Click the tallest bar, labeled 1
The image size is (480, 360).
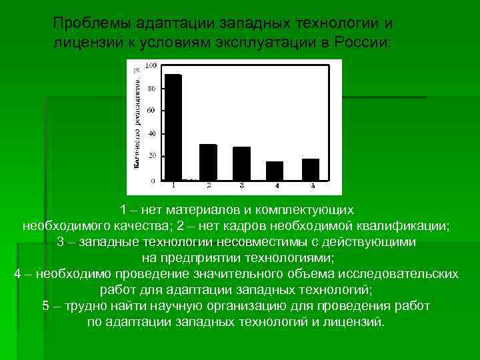click(x=173, y=127)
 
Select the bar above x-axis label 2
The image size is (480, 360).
click(x=208, y=162)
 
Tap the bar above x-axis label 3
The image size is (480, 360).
click(x=241, y=163)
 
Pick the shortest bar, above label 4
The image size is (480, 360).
click(x=275, y=171)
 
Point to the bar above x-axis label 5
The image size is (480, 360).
click(x=311, y=169)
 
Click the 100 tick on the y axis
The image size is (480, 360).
click(x=151, y=65)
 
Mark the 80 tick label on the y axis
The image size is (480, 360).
click(x=152, y=89)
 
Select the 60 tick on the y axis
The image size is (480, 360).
click(x=152, y=110)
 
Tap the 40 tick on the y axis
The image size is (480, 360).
click(x=152, y=133)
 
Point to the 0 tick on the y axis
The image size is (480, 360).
click(x=153, y=180)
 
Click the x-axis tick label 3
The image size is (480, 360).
click(x=241, y=185)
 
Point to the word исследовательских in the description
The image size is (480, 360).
click(x=405, y=274)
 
